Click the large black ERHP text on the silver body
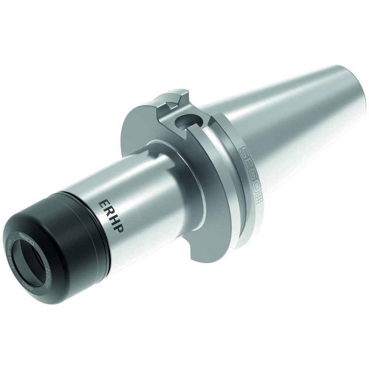112,215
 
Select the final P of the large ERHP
121,228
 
